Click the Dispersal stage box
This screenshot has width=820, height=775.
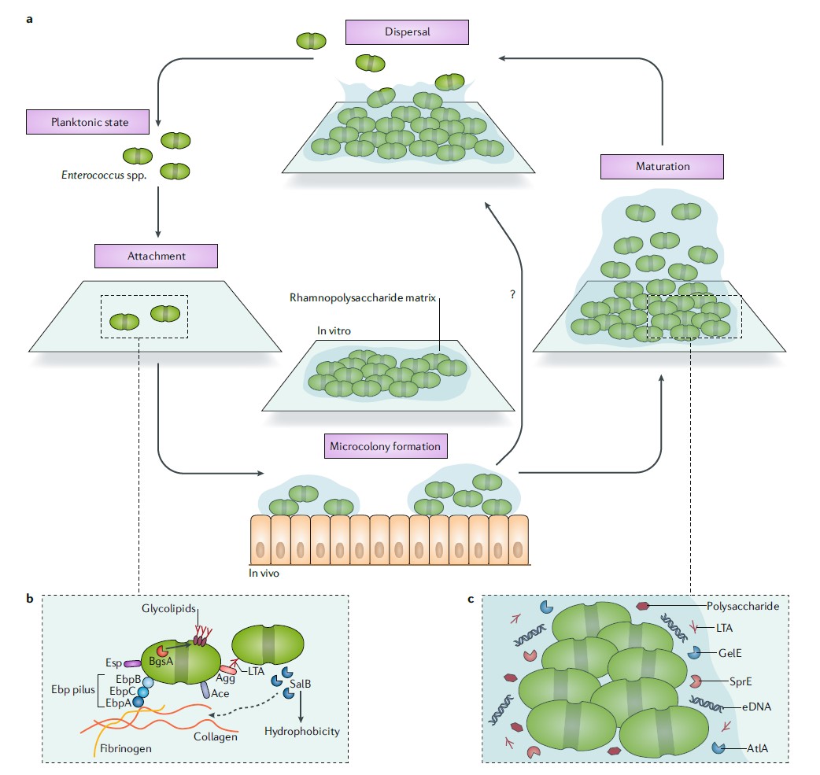407,32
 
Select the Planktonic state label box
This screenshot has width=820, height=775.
88,122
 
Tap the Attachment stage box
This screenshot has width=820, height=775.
155,256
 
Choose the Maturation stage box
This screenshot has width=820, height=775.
662,167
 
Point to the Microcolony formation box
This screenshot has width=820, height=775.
386,447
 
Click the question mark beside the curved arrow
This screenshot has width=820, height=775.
513,294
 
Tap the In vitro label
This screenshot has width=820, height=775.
334,331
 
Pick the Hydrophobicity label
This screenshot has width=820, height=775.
301,731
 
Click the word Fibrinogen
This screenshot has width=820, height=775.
126,749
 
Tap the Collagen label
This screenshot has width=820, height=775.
216,737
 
